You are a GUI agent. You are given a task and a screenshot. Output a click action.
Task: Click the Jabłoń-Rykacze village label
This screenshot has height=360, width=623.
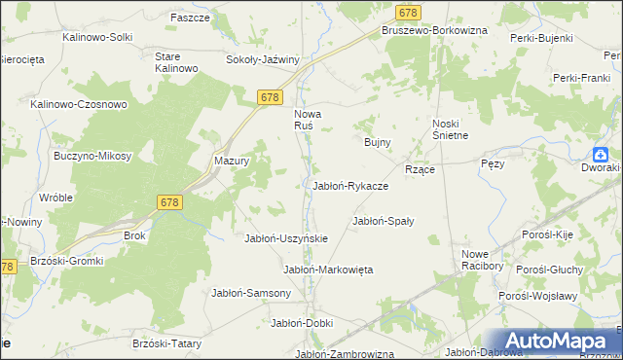coord(350,186)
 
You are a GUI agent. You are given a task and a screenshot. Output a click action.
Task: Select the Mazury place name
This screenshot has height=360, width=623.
coord(233,162)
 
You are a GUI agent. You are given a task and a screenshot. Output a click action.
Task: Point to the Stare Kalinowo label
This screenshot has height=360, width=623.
coord(177,62)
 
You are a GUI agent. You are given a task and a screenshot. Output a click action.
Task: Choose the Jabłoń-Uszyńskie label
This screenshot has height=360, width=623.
coord(286,238)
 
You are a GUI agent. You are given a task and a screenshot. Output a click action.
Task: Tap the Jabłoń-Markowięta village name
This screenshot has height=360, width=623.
coord(328,270)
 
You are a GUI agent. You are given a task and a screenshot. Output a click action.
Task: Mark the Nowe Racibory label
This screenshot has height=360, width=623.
coord(482,260)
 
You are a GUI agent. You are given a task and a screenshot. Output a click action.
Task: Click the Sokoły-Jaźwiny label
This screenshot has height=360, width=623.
coord(262,59)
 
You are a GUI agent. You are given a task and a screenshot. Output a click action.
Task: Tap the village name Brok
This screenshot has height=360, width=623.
coord(134,235)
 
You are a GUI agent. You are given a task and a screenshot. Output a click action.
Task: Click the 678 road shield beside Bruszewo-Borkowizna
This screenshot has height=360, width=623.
coord(409,12)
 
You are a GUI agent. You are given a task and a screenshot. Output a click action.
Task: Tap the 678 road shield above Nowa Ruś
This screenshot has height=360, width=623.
coord(271,97)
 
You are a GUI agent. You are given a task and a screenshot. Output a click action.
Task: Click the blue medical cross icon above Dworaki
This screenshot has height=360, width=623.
coord(602,154)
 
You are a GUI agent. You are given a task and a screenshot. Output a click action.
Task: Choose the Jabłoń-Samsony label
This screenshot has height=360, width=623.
coord(251,293)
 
